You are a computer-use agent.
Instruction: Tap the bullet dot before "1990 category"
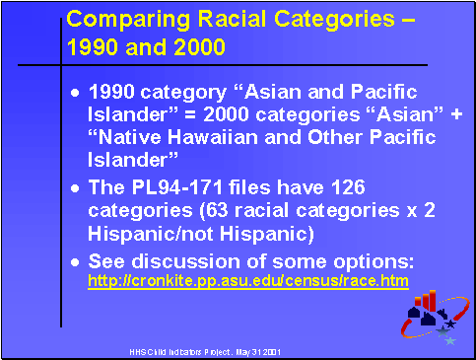coord(78,92)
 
